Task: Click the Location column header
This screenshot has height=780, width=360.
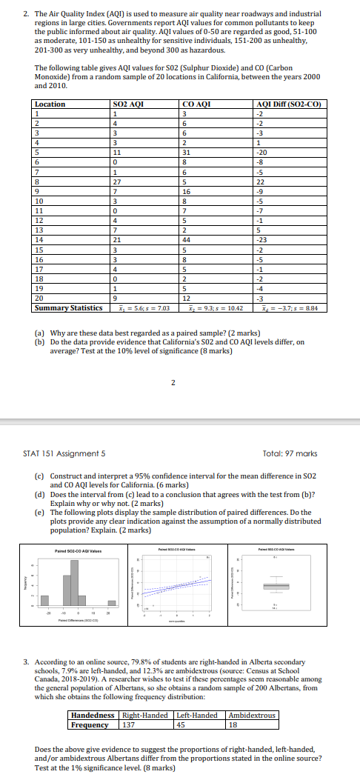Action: point(50,104)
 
